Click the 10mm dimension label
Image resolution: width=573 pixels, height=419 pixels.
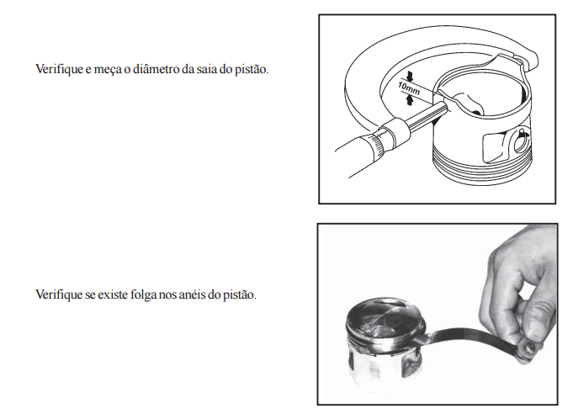pyautogui.click(x=409, y=89)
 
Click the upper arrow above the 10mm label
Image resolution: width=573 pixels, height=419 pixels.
pyautogui.click(x=410, y=76)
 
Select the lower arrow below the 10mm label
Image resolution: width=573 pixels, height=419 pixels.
pyautogui.click(x=409, y=100)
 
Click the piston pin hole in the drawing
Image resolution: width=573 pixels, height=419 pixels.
pyautogui.click(x=520, y=143)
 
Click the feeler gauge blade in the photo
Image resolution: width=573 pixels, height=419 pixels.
pyautogui.click(x=471, y=336)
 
